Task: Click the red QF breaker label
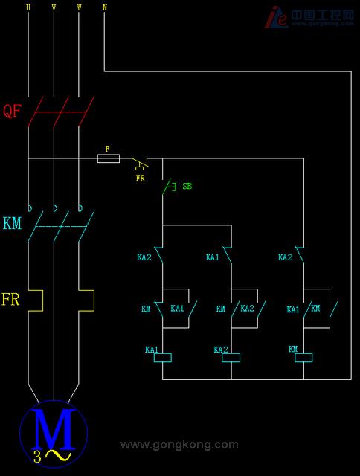pos(12,111)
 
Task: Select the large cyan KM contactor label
pos(12,223)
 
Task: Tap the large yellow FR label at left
pos(10,299)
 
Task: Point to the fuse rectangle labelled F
pos(109,158)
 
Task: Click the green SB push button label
pos(187,186)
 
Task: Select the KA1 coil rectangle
pos(163,358)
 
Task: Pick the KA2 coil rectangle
pos(231,358)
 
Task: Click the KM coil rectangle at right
pos(303,358)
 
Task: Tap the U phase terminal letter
pos(28,7)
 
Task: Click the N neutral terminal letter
pos(104,7)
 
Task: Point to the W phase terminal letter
pos(79,7)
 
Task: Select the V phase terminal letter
pos(54,7)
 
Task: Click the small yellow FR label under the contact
pos(141,178)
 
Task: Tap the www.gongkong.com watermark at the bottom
pos(179,445)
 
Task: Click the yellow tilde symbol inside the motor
pos(58,455)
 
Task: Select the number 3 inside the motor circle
pos(37,457)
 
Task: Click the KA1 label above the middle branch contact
pos(213,257)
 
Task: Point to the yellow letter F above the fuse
pos(108,149)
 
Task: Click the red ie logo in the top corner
pos(276,18)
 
